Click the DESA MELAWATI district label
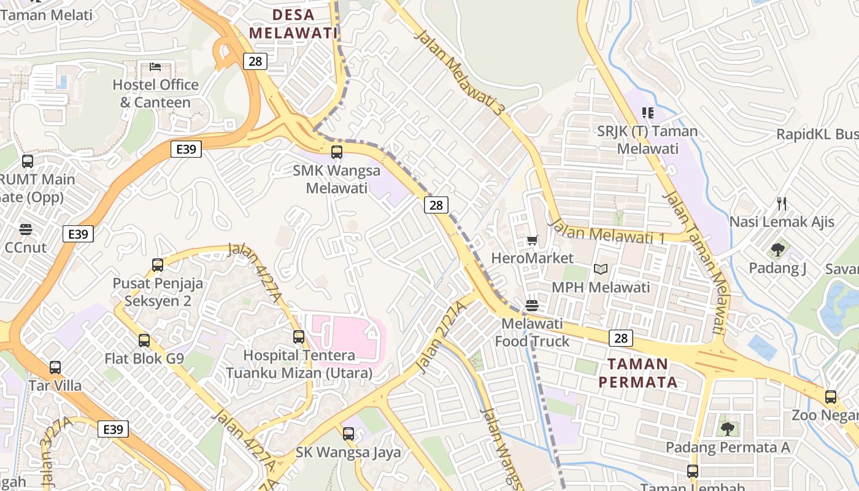point(293,23)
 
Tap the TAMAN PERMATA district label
point(638,373)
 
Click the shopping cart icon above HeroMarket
point(532,240)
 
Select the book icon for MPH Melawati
point(601,269)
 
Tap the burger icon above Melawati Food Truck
point(532,305)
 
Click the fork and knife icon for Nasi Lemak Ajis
point(782,203)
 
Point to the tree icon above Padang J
point(778,250)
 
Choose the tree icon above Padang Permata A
point(727,428)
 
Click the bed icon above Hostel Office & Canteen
point(155,66)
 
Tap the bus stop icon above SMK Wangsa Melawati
point(336,152)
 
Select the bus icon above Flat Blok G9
point(144,340)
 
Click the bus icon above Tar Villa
point(55,368)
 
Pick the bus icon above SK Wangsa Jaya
point(348,434)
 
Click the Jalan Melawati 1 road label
point(607,232)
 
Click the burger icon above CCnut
point(26,230)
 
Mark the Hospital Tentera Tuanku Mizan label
point(299,364)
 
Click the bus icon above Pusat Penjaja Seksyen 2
point(158,265)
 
